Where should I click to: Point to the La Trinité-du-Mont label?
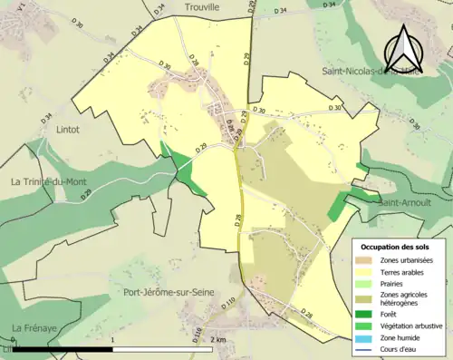[x=49, y=181]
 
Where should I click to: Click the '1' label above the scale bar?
[x=111, y=339]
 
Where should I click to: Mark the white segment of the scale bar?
[x=163, y=348]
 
